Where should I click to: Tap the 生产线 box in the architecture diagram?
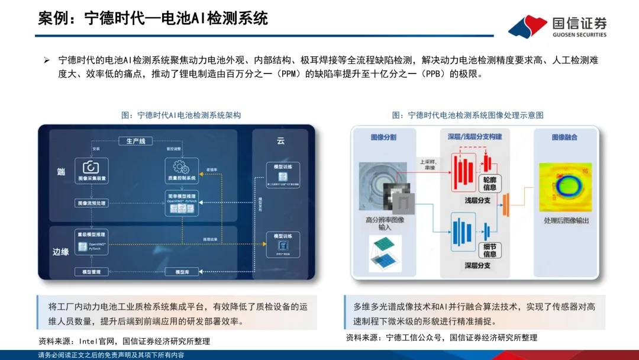pyautogui.click(x=135, y=140)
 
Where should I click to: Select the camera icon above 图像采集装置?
pyautogui.click(x=92, y=167)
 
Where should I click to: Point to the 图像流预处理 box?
pyautogui.click(x=92, y=202)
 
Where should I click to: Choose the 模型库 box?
pyautogui.click(x=182, y=271)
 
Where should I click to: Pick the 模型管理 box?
pyautogui.click(x=92, y=271)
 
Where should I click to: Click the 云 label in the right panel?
pyautogui.click(x=280, y=141)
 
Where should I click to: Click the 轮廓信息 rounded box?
pyautogui.click(x=490, y=183)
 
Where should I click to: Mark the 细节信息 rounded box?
pyautogui.click(x=490, y=250)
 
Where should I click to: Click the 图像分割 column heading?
pyautogui.click(x=383, y=137)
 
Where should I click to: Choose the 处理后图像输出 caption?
pyautogui.click(x=566, y=221)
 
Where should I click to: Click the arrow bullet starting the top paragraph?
pyautogui.click(x=47, y=60)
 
